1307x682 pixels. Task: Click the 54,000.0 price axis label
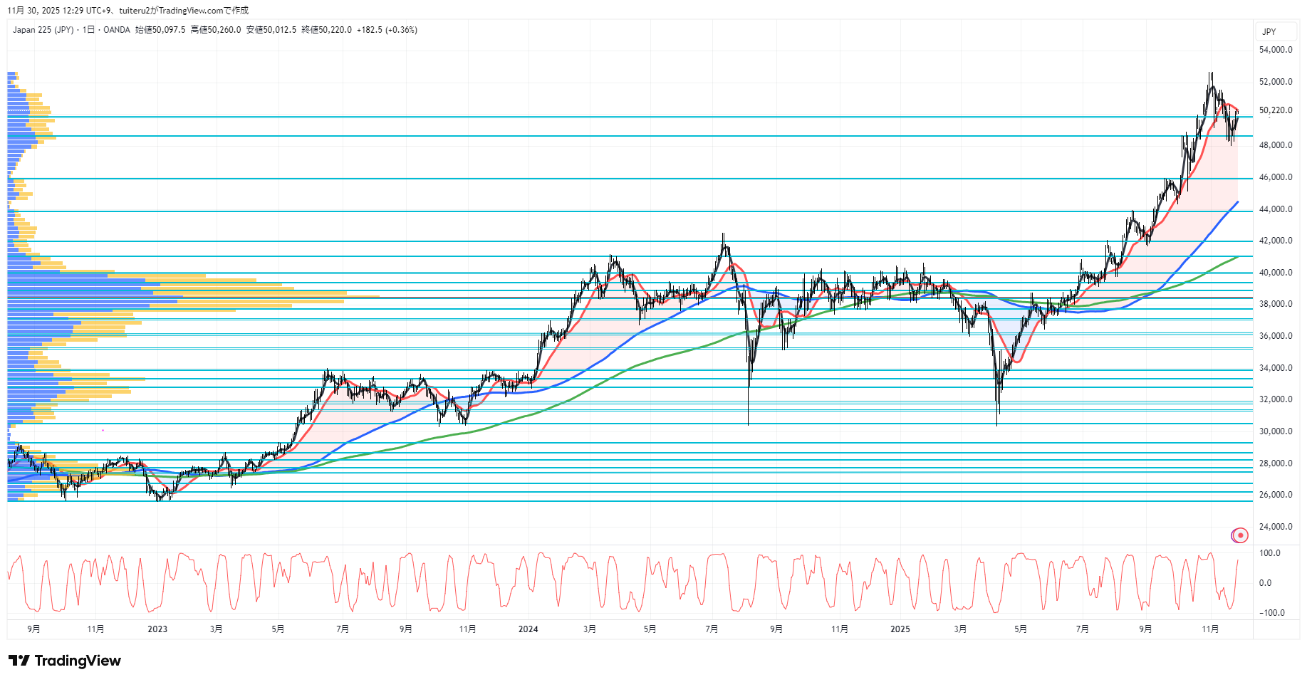pos(1275,50)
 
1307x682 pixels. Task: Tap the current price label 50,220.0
pos(1275,110)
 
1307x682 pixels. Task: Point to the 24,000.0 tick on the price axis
pos(1275,527)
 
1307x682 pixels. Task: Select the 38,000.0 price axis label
pos(1275,304)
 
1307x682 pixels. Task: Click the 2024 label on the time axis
pos(528,629)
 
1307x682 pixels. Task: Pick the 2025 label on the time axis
pos(900,629)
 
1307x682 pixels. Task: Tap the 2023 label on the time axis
pos(157,629)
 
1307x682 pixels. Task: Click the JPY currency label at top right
pos(1269,32)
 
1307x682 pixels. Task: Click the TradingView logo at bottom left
pos(65,661)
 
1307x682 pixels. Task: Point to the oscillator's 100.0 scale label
pos(1269,553)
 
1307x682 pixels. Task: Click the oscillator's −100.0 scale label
pos(1271,613)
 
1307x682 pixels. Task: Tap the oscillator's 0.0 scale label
pos(1265,583)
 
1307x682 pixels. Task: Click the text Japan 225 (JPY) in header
pos(43,30)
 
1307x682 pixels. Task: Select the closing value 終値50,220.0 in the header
pos(326,30)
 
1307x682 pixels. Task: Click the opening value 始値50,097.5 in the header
pos(160,30)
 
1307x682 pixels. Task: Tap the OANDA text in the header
pos(117,30)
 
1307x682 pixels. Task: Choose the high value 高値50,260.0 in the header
pos(215,30)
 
